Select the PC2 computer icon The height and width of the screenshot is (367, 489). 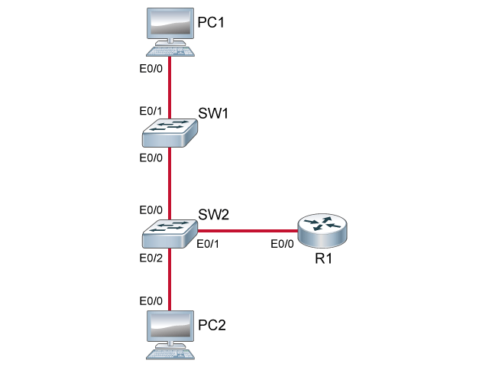pyautogui.click(x=168, y=335)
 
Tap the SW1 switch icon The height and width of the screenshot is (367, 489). pyautogui.click(x=168, y=132)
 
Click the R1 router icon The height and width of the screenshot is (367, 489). pyautogui.click(x=322, y=229)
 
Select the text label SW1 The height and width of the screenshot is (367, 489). pyautogui.click(x=214, y=114)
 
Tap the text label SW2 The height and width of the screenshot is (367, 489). pyautogui.click(x=214, y=213)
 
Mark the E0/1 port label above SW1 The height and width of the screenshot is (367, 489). pyautogui.click(x=151, y=112)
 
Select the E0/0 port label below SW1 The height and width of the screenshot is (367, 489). pyautogui.click(x=151, y=158)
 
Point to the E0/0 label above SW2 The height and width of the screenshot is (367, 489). pyautogui.click(x=151, y=209)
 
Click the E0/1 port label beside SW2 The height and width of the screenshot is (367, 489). pyautogui.click(x=209, y=245)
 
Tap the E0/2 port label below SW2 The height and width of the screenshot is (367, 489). pyautogui.click(x=151, y=258)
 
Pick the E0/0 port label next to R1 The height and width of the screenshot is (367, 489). pyautogui.click(x=283, y=245)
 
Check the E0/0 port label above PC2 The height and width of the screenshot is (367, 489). pyautogui.click(x=151, y=300)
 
